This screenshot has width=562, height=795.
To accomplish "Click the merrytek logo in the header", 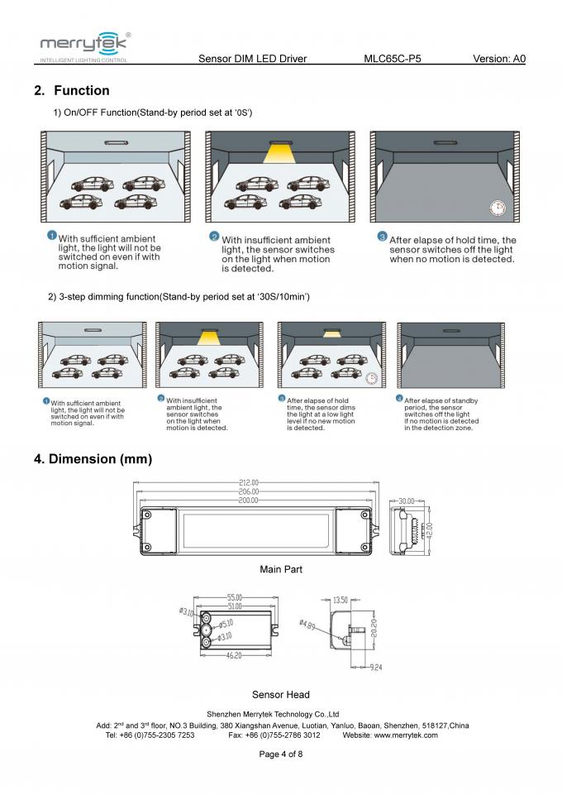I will point(83,45).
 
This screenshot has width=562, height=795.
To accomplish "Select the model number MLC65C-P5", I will point(398,59).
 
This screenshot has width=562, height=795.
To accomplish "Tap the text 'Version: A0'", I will point(498,59).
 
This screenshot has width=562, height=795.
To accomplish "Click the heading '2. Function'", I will point(72,90).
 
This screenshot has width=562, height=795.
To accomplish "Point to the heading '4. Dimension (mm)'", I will point(93,458).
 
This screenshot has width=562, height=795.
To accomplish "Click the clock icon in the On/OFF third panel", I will point(497,208).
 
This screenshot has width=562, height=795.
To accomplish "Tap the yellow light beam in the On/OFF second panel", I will point(281,152).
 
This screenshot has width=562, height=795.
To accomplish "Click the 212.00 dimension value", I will point(249,482).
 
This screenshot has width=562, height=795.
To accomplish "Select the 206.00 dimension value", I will point(249,491).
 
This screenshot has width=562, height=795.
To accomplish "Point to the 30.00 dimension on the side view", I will point(407,501).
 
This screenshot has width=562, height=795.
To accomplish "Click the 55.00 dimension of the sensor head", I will point(235,597).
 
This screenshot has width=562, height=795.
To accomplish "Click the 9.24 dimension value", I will point(375,667).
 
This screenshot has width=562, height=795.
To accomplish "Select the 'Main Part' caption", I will point(281,569).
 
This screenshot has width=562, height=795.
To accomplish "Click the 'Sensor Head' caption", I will point(281,695).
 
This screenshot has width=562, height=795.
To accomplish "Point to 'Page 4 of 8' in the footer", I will point(281,754).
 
